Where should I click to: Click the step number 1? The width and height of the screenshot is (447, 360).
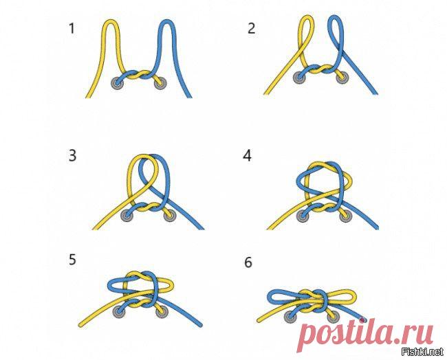click(72, 28)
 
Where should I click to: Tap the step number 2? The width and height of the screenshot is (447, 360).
click(251, 28)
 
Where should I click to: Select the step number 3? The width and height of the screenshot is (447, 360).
click(72, 156)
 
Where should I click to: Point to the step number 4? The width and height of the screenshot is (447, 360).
click(247, 156)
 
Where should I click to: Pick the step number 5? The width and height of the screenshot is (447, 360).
click(72, 260)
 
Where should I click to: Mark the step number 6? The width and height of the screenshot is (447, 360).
click(248, 262)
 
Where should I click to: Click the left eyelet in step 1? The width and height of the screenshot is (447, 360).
click(117, 83)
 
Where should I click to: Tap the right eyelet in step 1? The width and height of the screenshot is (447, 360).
click(160, 83)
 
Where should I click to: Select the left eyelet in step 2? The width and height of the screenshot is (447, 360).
click(300, 78)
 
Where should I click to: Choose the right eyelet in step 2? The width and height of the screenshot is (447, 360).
click(342, 78)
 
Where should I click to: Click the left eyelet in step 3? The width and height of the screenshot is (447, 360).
click(127, 215)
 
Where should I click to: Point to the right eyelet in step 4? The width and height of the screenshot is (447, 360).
click(345, 216)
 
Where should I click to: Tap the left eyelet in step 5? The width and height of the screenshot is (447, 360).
click(119, 312)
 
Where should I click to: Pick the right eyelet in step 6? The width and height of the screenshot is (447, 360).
click(333, 317)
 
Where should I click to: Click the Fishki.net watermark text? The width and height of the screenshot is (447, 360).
click(422, 352)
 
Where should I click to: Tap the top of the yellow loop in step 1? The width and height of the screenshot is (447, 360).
click(111, 21)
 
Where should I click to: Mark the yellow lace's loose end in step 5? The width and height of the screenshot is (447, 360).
click(80, 324)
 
